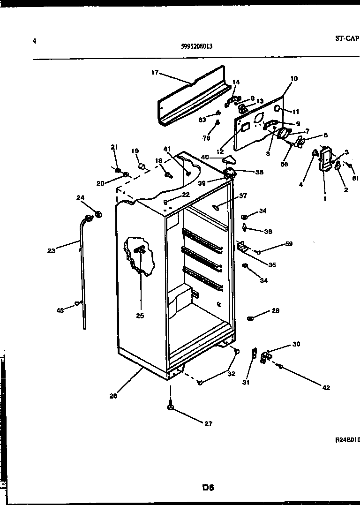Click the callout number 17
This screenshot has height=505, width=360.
[155, 72]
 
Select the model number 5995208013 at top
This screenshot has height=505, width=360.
[197, 46]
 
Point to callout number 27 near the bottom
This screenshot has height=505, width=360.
[208, 424]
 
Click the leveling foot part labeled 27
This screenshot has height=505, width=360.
[170, 407]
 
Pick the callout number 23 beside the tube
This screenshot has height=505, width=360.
[51, 251]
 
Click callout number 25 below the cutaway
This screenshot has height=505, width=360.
[140, 316]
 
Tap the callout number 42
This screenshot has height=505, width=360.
[326, 388]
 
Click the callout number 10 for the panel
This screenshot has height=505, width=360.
[294, 78]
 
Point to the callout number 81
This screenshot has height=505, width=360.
[355, 178]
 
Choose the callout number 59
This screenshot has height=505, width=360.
[289, 244]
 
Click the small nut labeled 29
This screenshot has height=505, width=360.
[250, 319]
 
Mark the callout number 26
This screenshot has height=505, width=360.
[113, 395]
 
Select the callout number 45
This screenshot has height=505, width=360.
[60, 310]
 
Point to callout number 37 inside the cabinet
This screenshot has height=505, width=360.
[242, 196]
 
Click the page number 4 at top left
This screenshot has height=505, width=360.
[34, 40]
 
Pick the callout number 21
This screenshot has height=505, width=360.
[114, 147]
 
